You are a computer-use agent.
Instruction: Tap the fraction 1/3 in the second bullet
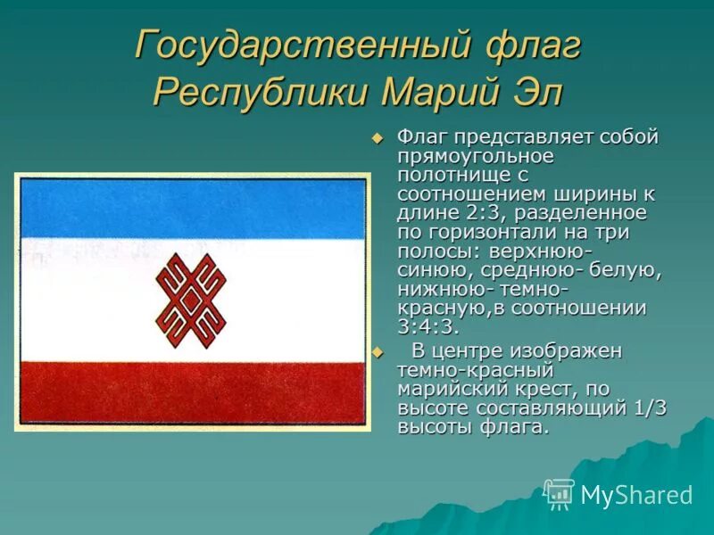647,408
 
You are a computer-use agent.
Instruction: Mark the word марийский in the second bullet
446,389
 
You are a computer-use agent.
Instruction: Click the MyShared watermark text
636,495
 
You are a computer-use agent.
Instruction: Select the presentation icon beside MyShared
560,494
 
